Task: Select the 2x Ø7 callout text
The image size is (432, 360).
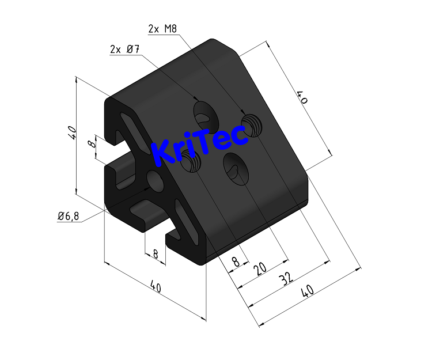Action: coord(125,50)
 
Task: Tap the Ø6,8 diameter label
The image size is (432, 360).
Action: coord(69,216)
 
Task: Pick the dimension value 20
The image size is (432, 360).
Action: coord(260,268)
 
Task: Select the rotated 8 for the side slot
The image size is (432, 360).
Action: coord(92,143)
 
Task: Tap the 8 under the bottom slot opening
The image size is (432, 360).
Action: coord(155,253)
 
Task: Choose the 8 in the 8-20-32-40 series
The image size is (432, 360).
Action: coord(235,262)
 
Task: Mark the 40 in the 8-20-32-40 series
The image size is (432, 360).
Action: coord(308,292)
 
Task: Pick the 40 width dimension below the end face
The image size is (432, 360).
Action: coord(154,286)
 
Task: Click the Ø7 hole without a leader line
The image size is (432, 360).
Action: coord(236,168)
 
